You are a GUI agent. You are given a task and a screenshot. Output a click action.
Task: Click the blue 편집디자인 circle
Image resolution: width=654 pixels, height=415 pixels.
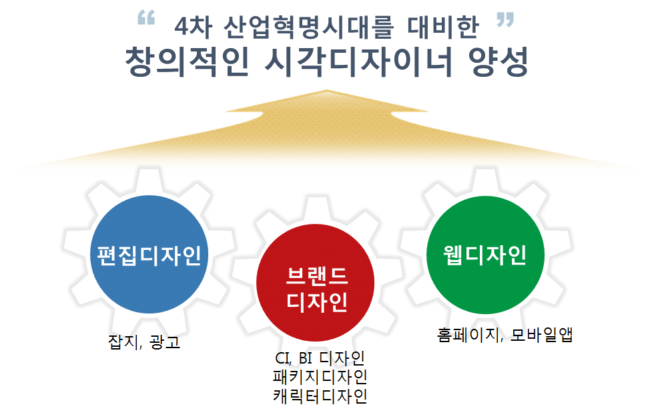point(149,254)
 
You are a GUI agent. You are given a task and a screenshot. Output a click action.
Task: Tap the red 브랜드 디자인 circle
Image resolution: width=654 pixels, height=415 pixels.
point(315,283)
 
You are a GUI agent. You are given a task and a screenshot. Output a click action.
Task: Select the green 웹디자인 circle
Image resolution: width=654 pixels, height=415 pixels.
point(486,255)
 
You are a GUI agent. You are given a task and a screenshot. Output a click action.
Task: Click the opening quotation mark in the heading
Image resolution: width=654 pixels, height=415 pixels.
point(146,17)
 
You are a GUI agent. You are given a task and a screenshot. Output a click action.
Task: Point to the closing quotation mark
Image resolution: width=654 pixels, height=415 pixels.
point(505,19)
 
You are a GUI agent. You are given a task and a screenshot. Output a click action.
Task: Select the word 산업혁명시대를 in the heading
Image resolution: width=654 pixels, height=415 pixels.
point(308,27)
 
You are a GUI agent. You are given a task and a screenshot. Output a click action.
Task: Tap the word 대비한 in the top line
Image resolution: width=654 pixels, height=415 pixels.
point(443,27)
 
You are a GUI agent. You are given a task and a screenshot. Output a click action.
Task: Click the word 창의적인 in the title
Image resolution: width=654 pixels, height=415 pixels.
point(188,61)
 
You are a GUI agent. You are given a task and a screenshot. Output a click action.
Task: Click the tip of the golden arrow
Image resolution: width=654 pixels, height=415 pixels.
point(326,90)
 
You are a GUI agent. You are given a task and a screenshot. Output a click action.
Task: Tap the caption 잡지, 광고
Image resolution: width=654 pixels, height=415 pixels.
point(144,342)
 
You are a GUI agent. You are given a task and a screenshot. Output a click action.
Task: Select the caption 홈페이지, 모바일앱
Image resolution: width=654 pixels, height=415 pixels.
point(505,335)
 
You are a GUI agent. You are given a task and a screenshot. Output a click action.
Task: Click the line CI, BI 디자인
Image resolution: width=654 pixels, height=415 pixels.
point(320,358)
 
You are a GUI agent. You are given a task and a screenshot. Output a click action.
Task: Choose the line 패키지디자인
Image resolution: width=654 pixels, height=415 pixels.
point(320,377)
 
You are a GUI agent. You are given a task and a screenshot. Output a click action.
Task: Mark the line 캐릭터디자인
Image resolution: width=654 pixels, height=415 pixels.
point(320,396)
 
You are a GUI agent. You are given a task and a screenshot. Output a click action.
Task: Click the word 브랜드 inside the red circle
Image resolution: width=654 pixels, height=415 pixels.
point(317,275)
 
